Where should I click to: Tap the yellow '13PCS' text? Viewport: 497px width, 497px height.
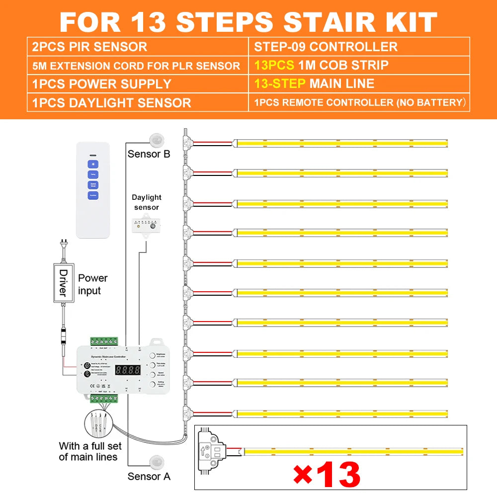pyautogui.click(x=274, y=65)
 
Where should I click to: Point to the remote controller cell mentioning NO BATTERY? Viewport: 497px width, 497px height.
pyautogui.click(x=359, y=103)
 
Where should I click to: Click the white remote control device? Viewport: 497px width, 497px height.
pyautogui.click(x=93, y=189)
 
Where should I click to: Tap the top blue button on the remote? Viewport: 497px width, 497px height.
pyautogui.click(x=93, y=164)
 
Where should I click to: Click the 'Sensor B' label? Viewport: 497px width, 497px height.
pyautogui.click(x=149, y=154)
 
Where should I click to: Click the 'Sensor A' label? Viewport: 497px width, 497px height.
pyautogui.click(x=149, y=476)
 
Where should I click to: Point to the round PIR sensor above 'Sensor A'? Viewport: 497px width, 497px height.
pyautogui.click(x=155, y=461)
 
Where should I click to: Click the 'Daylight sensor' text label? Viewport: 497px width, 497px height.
pyautogui.click(x=147, y=202)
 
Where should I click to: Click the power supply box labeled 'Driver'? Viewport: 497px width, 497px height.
pyautogui.click(x=63, y=283)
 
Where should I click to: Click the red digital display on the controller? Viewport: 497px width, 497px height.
pyautogui.click(x=127, y=370)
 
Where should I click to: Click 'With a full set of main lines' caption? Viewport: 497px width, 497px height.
pyautogui.click(x=88, y=451)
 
